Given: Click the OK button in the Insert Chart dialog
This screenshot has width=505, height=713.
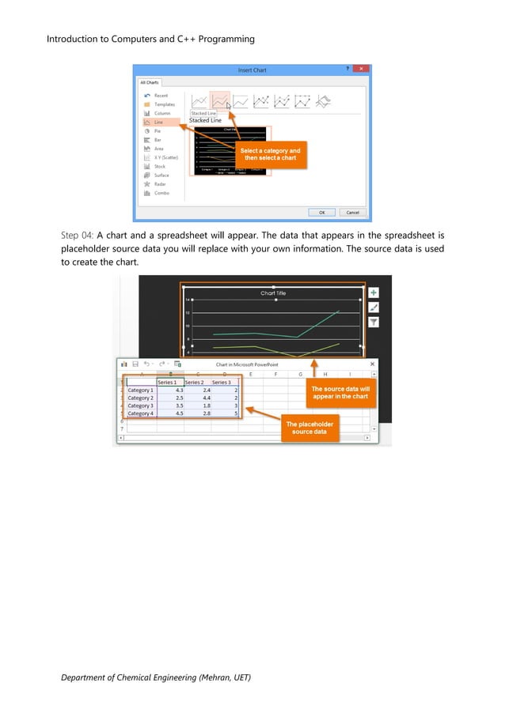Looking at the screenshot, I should point(321,212).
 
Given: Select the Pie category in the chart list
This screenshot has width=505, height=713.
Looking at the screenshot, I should point(158,130).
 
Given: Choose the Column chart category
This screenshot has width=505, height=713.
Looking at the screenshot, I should point(161,113).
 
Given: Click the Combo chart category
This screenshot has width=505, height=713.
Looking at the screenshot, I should point(161,193).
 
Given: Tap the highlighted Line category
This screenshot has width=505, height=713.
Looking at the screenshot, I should point(158,122).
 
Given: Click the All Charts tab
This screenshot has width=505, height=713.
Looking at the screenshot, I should point(150,82).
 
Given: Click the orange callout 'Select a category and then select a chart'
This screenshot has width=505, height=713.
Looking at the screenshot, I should point(270,154).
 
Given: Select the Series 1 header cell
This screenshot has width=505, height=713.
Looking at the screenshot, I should point(168,382).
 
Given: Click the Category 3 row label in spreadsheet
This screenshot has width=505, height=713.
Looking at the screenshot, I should point(140,406).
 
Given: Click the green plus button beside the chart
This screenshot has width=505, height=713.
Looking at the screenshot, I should point(374,292).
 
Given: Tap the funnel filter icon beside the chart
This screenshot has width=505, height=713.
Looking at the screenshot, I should point(374,322).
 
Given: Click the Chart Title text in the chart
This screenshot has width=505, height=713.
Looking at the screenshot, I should point(273,293).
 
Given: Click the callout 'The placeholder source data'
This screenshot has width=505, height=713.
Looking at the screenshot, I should point(309,428).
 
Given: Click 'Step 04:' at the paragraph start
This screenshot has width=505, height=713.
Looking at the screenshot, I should point(77,235).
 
